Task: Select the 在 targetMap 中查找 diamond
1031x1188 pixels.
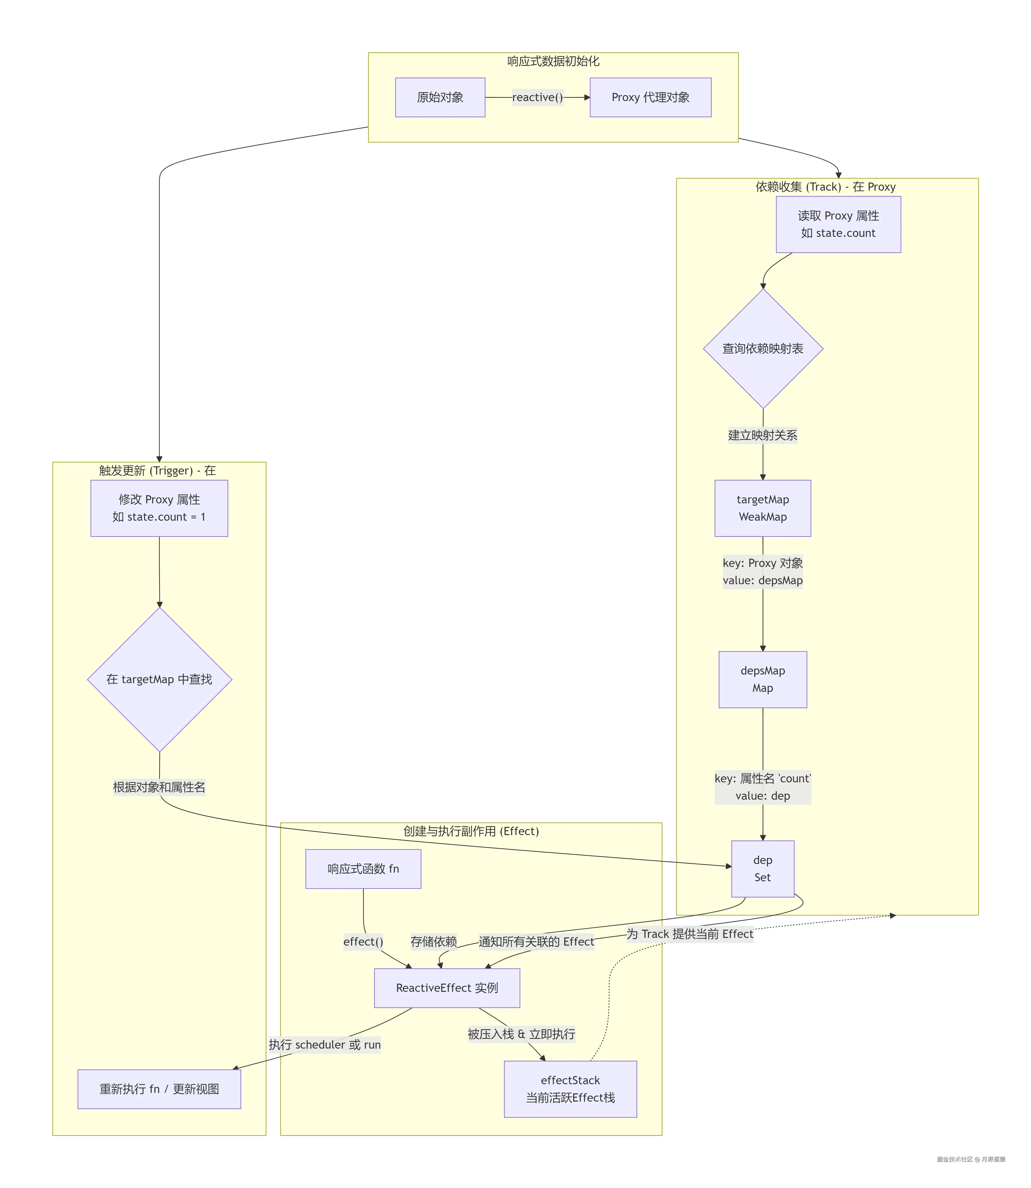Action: (x=159, y=679)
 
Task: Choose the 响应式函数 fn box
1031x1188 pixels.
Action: (x=363, y=869)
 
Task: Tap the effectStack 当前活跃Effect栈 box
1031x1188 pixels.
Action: (x=570, y=1089)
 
